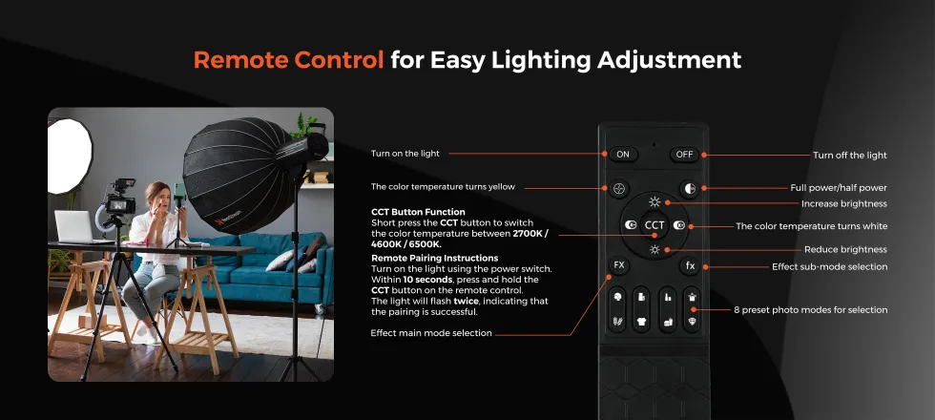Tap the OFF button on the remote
click(x=684, y=155)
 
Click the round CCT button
click(x=654, y=225)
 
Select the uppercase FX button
click(x=619, y=265)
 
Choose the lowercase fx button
click(x=690, y=266)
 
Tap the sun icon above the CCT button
click(x=654, y=202)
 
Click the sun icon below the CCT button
click(x=654, y=249)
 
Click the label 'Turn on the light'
click(x=405, y=154)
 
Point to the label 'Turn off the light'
click(x=850, y=155)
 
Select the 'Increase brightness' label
click(x=843, y=203)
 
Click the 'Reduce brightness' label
click(x=845, y=249)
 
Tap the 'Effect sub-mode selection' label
click(x=829, y=266)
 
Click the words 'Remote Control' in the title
click(x=288, y=59)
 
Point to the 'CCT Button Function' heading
click(x=418, y=212)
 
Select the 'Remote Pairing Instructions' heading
click(x=435, y=259)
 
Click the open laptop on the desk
click(x=73, y=227)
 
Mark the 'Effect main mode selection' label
click(x=431, y=333)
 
